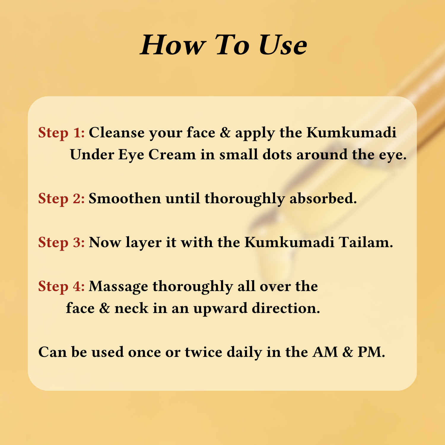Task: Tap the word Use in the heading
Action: point(283,45)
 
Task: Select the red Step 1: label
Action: point(62,133)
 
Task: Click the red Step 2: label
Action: point(62,198)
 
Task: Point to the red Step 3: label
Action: point(62,242)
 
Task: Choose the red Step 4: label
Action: point(62,286)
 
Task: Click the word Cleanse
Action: point(117,133)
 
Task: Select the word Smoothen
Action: point(125,198)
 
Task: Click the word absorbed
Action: point(323,198)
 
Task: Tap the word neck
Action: point(131,308)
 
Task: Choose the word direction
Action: point(286,308)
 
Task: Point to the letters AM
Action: point(325,352)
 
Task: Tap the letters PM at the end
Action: point(371,352)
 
